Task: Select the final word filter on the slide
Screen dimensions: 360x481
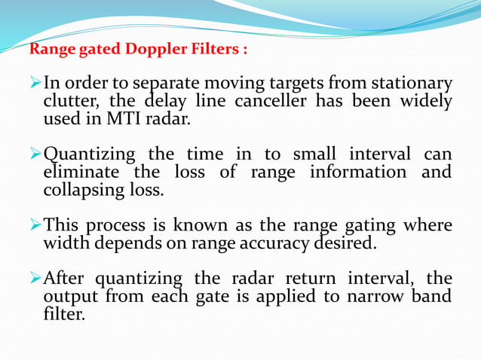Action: [x=63, y=313]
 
